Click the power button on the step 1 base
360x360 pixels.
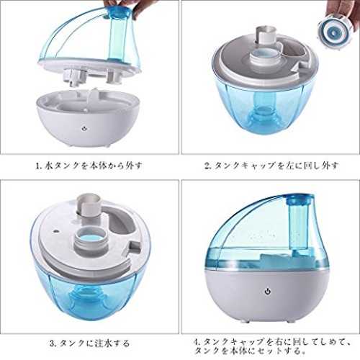pos(84,128)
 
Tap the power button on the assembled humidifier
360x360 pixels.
pos(268,292)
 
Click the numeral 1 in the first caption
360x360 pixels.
pos(37,166)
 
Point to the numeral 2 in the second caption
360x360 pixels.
pos(207,166)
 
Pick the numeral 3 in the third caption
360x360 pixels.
pos(53,343)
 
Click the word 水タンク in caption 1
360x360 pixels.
pos(62,166)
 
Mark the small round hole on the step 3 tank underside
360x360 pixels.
pos(56,232)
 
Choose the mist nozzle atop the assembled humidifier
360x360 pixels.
pos(300,199)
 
